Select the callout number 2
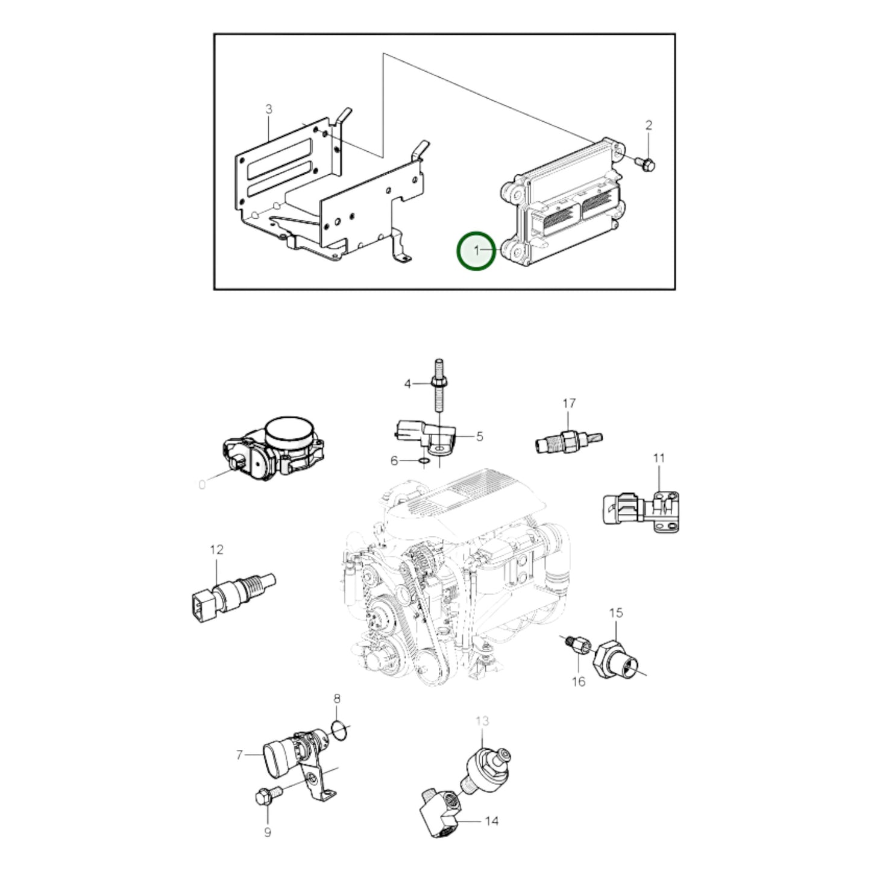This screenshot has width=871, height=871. pos(649,125)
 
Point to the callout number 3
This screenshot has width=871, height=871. pos(269,109)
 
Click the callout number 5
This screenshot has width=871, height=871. pos(480,436)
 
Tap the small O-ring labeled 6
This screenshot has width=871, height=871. pos(424,461)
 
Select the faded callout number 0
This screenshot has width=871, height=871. pos(202,485)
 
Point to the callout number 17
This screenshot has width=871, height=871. pos(569,403)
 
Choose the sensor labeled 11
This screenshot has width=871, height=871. pos(642,511)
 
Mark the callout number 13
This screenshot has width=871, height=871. pos(482,721)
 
